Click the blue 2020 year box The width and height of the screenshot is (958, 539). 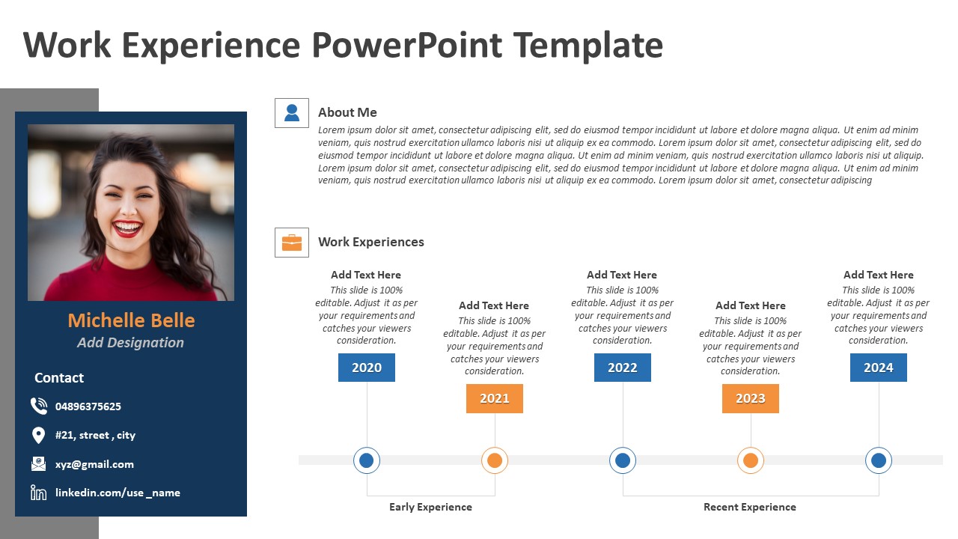click(x=366, y=368)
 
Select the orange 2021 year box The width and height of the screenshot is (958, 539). click(x=494, y=398)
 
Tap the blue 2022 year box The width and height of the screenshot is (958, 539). click(x=622, y=368)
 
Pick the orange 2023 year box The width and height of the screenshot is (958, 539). click(x=750, y=398)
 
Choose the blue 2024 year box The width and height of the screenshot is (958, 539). click(x=878, y=368)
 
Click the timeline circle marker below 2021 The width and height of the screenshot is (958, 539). click(x=494, y=460)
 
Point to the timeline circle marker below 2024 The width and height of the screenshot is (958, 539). click(x=878, y=460)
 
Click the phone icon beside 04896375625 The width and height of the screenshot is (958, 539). click(x=39, y=406)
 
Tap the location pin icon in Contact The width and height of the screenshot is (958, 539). click(x=38, y=435)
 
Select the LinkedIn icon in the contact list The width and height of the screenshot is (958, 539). click(x=38, y=493)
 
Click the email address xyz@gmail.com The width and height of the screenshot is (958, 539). click(x=94, y=464)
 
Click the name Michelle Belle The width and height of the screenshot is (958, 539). click(x=131, y=320)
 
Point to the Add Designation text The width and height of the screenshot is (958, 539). click(x=130, y=343)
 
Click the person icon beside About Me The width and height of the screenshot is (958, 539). click(x=292, y=113)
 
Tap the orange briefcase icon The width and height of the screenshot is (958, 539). click(x=292, y=243)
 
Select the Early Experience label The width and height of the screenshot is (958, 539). click(x=430, y=507)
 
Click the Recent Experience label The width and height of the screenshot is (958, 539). click(x=749, y=507)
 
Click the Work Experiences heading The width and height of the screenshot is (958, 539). click(x=370, y=242)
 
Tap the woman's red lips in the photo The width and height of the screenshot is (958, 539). click(x=128, y=227)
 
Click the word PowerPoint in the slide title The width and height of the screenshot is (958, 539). click(x=407, y=45)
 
